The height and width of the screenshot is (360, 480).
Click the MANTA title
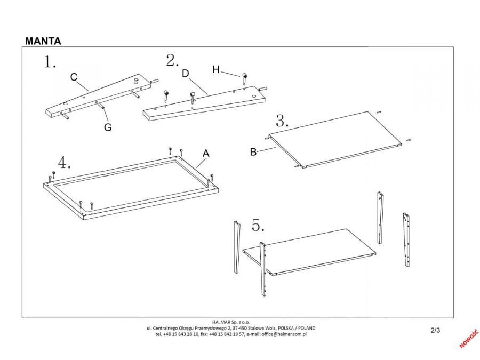[43, 41]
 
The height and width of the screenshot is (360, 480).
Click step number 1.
[50, 63]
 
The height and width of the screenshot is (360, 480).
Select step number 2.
[172, 61]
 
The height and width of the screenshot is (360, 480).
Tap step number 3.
[282, 121]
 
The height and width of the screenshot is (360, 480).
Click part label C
[74, 77]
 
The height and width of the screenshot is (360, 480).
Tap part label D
[186, 74]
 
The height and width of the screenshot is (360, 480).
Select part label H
[215, 69]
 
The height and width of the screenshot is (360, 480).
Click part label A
[206, 154]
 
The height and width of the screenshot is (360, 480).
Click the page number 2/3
[435, 330]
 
